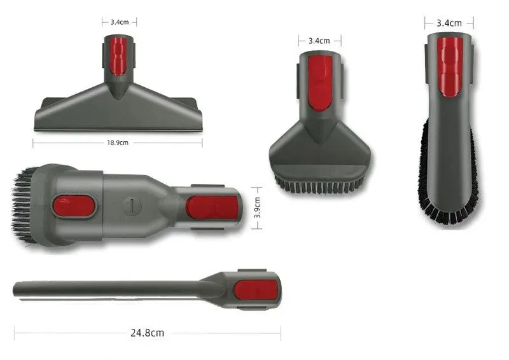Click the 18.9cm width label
(x=118, y=143)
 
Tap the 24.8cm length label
(x=148, y=332)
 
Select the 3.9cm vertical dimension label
(x=258, y=207)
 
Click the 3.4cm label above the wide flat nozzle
(x=120, y=22)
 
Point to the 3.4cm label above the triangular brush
(x=319, y=41)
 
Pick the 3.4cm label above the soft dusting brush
(x=449, y=23)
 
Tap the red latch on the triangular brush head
(x=319, y=81)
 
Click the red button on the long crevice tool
(x=255, y=290)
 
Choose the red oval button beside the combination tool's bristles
(x=74, y=205)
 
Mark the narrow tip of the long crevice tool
(x=17, y=289)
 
